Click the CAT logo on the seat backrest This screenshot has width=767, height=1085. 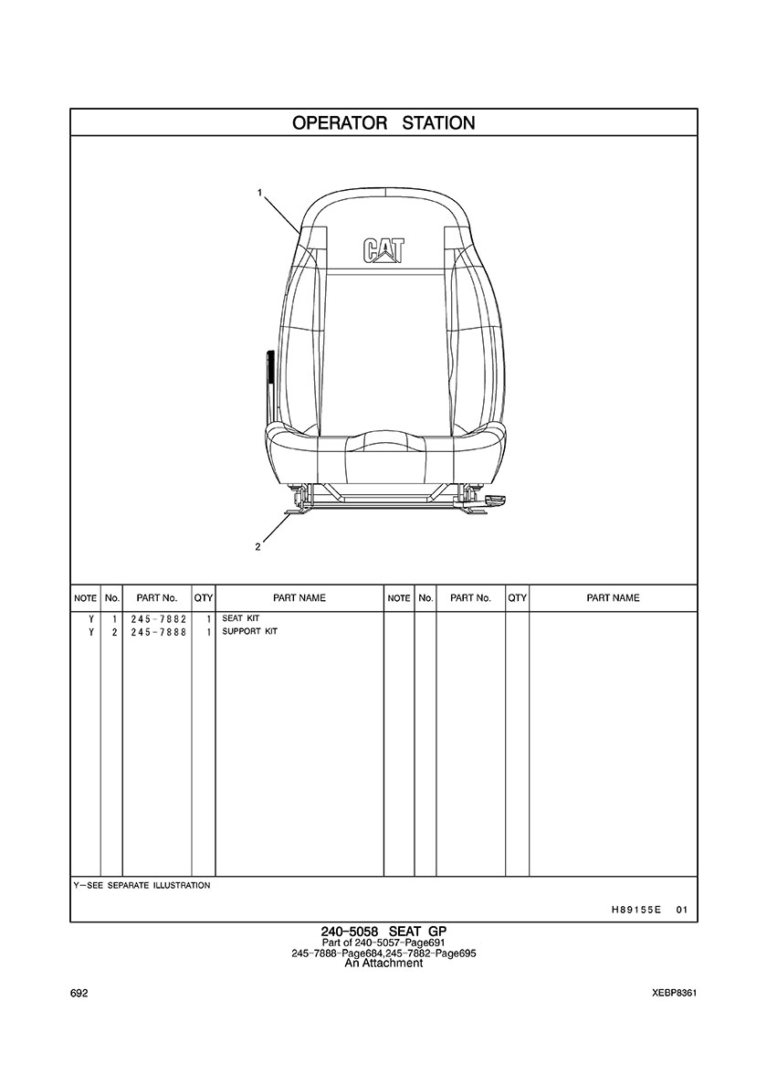[383, 250]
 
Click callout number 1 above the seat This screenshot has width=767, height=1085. [260, 193]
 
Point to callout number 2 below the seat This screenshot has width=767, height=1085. [258, 548]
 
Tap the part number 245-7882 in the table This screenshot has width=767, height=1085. [158, 619]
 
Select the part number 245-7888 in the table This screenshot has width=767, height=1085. [158, 632]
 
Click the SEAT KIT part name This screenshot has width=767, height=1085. [241, 618]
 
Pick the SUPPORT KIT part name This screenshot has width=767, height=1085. [250, 631]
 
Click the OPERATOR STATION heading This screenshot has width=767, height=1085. [383, 123]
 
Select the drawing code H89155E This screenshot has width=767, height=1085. [636, 910]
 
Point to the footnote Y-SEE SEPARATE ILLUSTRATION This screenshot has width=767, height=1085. [142, 885]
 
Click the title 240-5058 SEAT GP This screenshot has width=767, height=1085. [383, 931]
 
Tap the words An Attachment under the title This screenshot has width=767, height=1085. [383, 963]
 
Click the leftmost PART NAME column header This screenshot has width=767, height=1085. [299, 598]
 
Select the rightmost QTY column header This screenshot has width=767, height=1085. [517, 598]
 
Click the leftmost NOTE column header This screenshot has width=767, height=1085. [85, 598]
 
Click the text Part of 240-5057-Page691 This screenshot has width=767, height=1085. [383, 943]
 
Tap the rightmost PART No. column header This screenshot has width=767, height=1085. [470, 598]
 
